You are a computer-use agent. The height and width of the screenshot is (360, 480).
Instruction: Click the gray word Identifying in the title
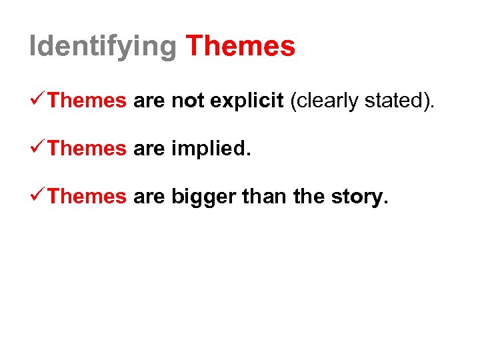click(103, 47)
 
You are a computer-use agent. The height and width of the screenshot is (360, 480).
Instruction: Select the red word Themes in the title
click(240, 46)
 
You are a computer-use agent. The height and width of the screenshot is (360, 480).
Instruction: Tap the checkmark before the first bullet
click(38, 100)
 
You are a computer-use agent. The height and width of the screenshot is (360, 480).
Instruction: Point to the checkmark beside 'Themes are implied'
click(38, 148)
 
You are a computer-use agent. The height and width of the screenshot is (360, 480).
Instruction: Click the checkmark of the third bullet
click(38, 196)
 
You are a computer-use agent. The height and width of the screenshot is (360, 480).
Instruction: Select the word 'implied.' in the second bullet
click(211, 149)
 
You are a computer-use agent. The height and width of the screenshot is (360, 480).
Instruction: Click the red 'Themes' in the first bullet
click(87, 101)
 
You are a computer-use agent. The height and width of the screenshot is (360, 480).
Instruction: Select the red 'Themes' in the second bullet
click(87, 149)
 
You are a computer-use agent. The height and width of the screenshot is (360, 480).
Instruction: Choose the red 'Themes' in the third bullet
click(87, 197)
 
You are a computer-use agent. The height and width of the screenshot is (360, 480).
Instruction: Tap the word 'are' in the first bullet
click(149, 101)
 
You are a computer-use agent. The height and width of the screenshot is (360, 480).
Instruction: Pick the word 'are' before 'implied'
click(149, 149)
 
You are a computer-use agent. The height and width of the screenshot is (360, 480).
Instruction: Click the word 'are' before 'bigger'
click(149, 197)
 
